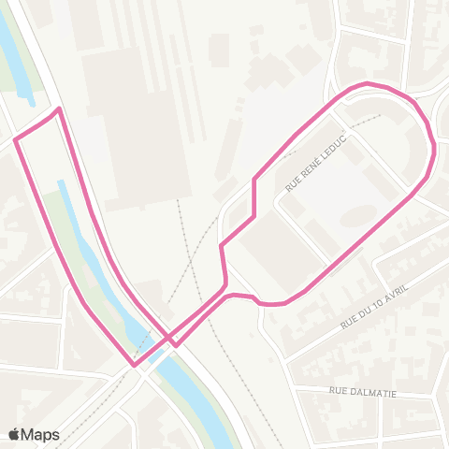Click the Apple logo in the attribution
(x=14, y=434)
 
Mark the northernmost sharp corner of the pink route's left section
(x=59, y=109)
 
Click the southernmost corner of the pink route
(x=135, y=365)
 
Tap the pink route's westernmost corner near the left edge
(x=16, y=141)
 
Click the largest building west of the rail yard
(x=126, y=112)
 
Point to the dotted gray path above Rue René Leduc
(x=360, y=122)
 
